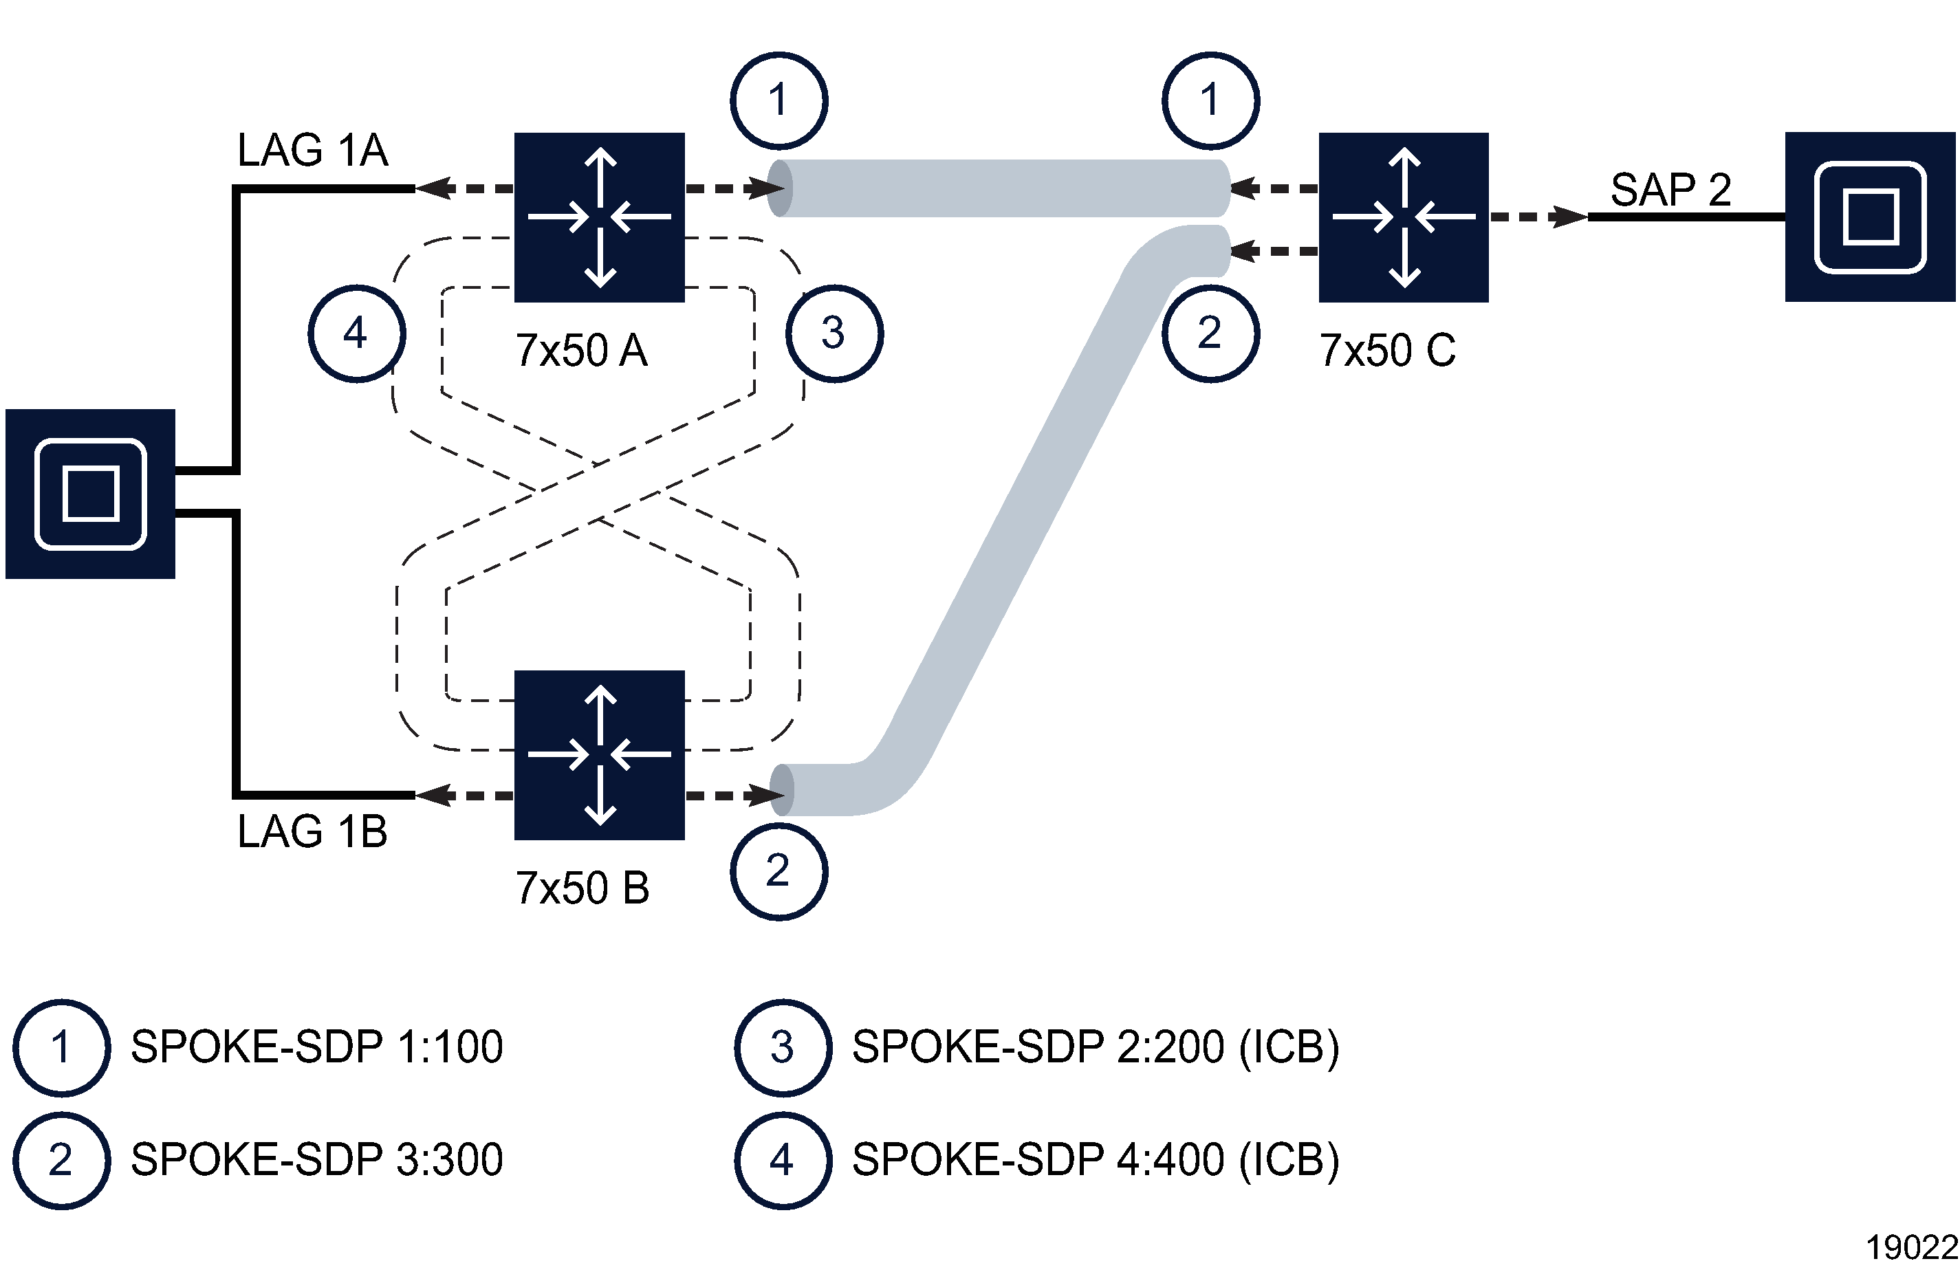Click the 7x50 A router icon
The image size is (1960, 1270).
[599, 217]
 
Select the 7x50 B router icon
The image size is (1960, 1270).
[599, 754]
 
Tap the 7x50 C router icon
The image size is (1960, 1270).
[1404, 217]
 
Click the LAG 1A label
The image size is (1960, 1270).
[312, 150]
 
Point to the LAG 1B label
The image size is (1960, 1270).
[312, 831]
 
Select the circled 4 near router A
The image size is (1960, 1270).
[356, 333]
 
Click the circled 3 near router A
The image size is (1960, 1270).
[834, 333]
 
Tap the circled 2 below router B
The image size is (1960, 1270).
[778, 871]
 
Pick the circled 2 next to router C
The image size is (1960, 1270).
[1210, 333]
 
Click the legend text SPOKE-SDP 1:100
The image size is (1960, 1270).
[316, 1047]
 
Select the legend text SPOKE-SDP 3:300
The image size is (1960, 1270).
[316, 1159]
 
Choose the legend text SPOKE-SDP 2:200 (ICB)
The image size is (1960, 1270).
[1096, 1047]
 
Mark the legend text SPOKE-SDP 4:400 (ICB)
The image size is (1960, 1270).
[1096, 1159]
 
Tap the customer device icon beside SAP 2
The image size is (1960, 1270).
[1869, 217]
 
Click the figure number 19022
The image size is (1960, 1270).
[1910, 1248]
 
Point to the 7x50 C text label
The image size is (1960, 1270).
[1387, 350]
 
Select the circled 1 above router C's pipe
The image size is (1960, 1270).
[1210, 100]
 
